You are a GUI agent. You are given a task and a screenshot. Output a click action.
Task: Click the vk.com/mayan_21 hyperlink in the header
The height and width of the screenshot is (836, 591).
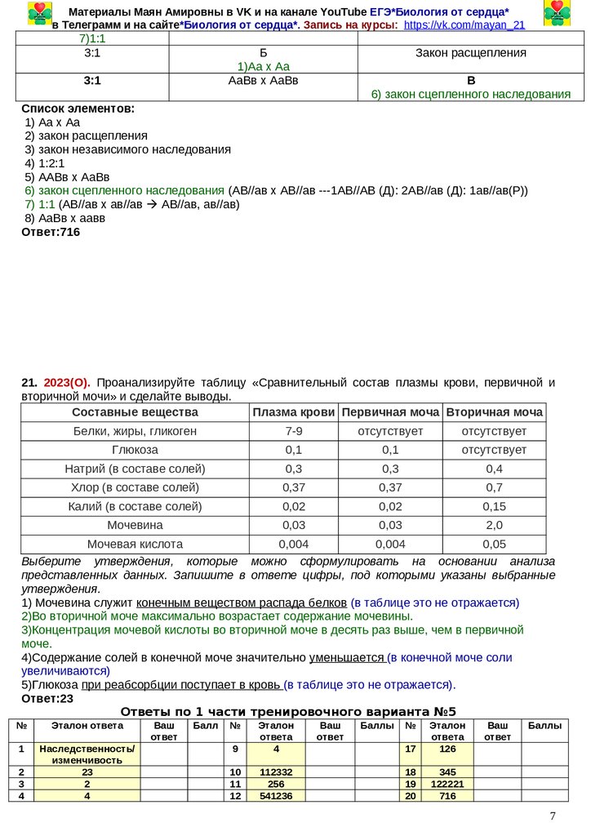(464, 25)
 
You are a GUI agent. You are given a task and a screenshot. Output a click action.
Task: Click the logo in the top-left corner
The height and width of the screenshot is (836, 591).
(38, 14)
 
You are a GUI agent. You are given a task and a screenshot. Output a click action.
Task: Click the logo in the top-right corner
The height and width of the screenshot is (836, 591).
(557, 14)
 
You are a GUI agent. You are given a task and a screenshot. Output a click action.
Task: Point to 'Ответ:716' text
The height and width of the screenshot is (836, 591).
(51, 232)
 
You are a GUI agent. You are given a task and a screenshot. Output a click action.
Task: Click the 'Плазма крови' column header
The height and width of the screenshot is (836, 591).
(294, 412)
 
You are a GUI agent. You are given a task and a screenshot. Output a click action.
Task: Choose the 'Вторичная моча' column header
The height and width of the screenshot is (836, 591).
(495, 412)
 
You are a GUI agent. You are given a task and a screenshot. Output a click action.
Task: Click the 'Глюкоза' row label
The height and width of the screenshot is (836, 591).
(135, 450)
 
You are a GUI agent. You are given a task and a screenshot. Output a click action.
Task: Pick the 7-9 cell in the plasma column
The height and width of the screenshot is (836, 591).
(294, 431)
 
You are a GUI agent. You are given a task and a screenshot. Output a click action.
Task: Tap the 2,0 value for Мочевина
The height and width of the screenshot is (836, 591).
(495, 525)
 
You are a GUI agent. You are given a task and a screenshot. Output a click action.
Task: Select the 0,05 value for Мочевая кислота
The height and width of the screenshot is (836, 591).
(495, 544)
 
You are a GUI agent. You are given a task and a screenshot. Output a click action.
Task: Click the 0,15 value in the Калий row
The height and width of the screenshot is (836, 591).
(495, 506)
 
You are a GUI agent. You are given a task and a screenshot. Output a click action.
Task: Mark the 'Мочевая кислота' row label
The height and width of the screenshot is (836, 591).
(135, 544)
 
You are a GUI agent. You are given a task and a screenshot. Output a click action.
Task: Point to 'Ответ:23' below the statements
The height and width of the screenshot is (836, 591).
(47, 699)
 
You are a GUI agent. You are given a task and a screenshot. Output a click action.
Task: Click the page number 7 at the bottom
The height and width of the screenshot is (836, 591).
(553, 816)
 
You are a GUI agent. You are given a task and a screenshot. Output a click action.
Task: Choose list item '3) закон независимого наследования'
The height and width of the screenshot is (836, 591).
(127, 149)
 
